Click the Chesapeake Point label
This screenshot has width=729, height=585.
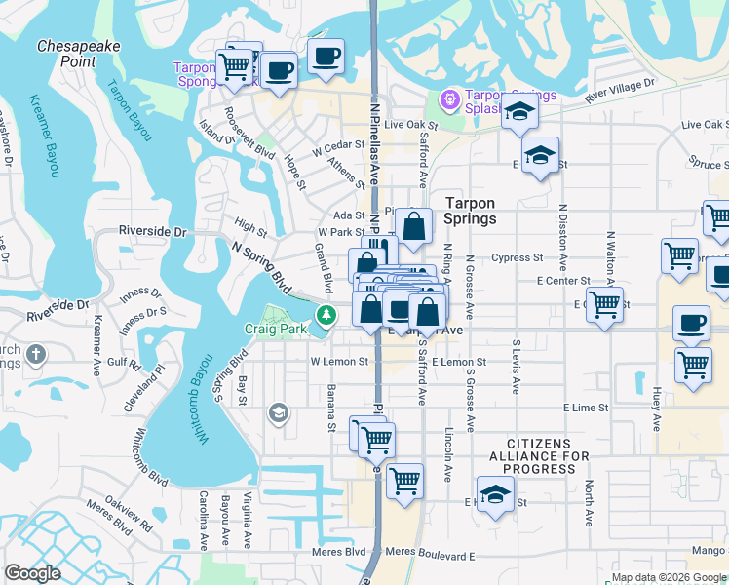pyautogui.click(x=67, y=53)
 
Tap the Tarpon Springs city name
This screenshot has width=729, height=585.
pyautogui.click(x=471, y=211)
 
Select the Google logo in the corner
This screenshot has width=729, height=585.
pyautogui.click(x=32, y=573)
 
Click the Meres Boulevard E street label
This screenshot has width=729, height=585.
pyautogui.click(x=430, y=554)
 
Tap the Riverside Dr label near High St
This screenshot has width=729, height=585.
pyautogui.click(x=152, y=232)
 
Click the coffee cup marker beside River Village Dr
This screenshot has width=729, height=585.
pyautogui.click(x=327, y=56)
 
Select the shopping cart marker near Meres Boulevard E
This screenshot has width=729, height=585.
pyautogui.click(x=404, y=480)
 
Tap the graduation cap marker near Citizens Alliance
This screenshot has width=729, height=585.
pyautogui.click(x=495, y=494)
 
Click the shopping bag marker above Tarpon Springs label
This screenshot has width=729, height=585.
pyautogui.click(x=413, y=227)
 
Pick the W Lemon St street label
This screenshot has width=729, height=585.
pyautogui.click(x=339, y=361)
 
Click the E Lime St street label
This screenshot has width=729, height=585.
pyautogui.click(x=585, y=408)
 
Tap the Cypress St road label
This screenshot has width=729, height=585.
pyautogui.click(x=518, y=258)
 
